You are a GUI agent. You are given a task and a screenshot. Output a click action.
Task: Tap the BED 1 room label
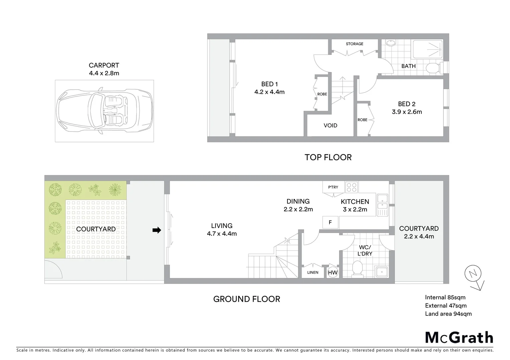point(270,84)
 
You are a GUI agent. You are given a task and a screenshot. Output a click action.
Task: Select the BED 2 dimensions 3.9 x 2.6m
point(407,112)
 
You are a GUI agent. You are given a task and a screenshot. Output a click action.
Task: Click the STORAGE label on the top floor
point(354,44)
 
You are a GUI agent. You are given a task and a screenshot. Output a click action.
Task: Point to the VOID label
point(330,126)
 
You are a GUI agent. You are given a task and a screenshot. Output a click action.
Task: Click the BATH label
point(408,66)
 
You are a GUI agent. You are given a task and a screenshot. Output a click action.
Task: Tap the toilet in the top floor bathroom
point(433,68)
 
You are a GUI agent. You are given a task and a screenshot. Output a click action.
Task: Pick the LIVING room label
point(221,226)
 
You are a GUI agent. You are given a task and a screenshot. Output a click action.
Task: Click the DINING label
point(298,201)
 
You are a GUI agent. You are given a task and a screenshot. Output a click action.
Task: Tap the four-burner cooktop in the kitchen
point(352,187)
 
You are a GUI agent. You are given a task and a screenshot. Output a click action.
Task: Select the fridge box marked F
point(330,222)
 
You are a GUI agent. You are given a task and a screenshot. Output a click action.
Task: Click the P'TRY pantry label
point(333,187)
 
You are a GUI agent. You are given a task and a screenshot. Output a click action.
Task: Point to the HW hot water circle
point(333,273)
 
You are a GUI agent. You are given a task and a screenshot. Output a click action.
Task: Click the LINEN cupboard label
point(313,273)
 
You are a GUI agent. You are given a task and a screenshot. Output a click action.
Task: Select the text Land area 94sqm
point(448,314)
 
